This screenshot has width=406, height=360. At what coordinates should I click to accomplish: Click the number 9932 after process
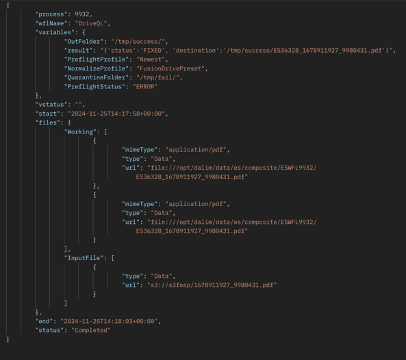pyautogui.click(x=82, y=14)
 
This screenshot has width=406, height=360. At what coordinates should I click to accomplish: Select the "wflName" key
pyautogui.click(x=51, y=23)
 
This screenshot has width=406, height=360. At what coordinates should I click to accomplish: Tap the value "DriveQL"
pyautogui.click(x=91, y=23)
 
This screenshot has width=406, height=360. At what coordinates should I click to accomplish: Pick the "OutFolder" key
pyautogui.click(x=84, y=42)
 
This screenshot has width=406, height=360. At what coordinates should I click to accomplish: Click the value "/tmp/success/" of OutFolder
pyautogui.click(x=138, y=42)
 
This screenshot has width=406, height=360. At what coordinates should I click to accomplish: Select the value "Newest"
pyautogui.click(x=151, y=60)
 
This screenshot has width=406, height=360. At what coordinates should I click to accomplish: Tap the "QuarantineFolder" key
pyautogui.click(x=97, y=77)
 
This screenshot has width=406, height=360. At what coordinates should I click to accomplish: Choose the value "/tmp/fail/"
pyautogui.click(x=158, y=77)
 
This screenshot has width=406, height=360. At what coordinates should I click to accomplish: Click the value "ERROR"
pyautogui.click(x=145, y=86)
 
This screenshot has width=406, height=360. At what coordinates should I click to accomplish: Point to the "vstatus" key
pyautogui.click(x=51, y=105)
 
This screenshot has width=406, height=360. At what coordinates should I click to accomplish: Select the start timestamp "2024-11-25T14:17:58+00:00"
pyautogui.click(x=116, y=114)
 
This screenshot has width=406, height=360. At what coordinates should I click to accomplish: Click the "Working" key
pyautogui.click(x=80, y=131)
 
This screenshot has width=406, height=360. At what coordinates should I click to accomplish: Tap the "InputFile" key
pyautogui.click(x=84, y=258)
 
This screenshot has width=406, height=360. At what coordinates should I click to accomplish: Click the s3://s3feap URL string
pyautogui.click(x=212, y=285)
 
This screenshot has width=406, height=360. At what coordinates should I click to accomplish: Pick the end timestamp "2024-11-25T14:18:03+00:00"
pyautogui.click(x=110, y=321)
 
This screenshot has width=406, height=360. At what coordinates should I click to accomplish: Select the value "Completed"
pyautogui.click(x=91, y=331)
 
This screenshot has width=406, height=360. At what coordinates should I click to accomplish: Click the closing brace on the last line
pyautogui.click(x=8, y=339)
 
